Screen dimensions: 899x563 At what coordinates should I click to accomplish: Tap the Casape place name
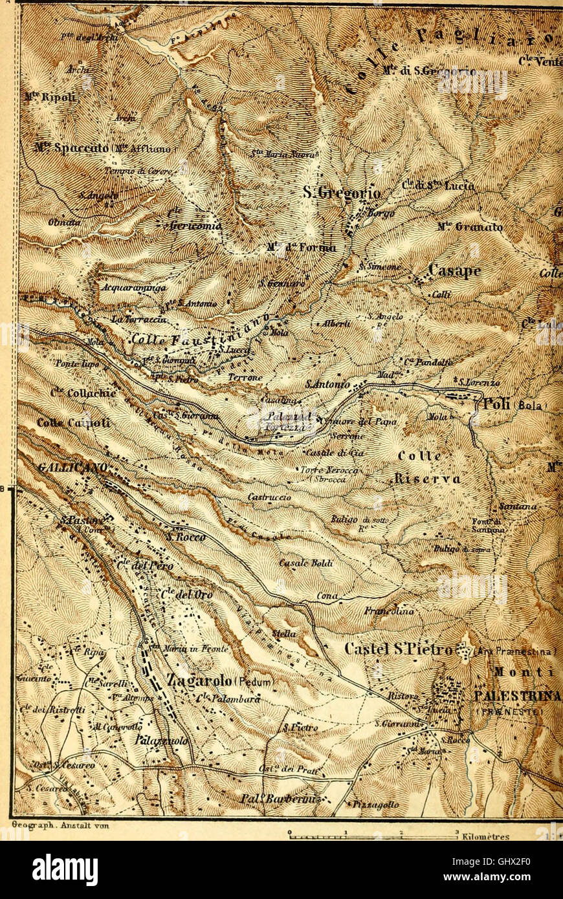pyautogui.click(x=456, y=272)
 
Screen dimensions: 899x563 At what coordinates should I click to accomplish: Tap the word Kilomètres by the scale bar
pyautogui.click(x=486, y=836)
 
